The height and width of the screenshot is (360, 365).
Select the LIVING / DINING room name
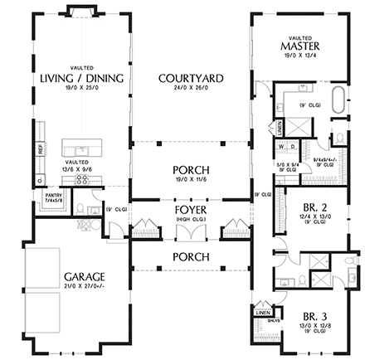81,78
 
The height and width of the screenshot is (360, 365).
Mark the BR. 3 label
310,316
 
